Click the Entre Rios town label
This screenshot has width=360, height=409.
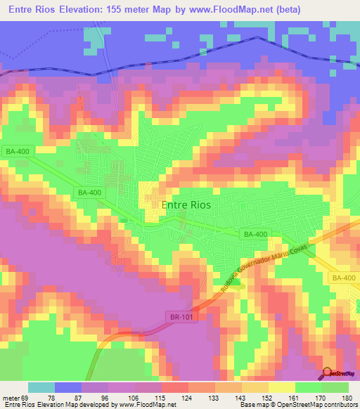coord(186,205)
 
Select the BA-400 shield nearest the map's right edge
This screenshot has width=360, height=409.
coord(345,279)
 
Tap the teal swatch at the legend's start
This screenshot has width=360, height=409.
coord(41,388)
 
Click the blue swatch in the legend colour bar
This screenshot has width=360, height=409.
coord(68,388)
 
